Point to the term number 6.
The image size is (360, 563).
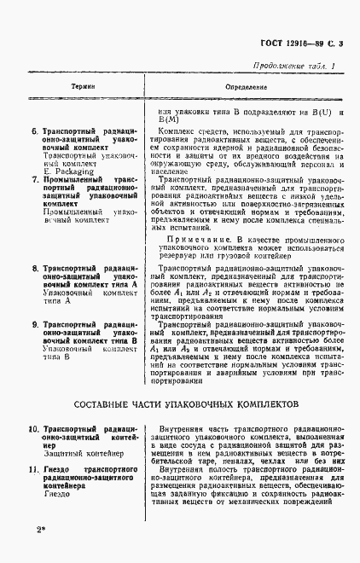coord(33,132)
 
